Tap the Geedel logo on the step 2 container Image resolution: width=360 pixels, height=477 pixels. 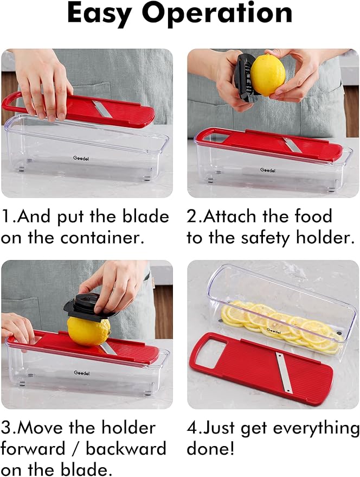268,170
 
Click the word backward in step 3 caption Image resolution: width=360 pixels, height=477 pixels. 126,449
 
